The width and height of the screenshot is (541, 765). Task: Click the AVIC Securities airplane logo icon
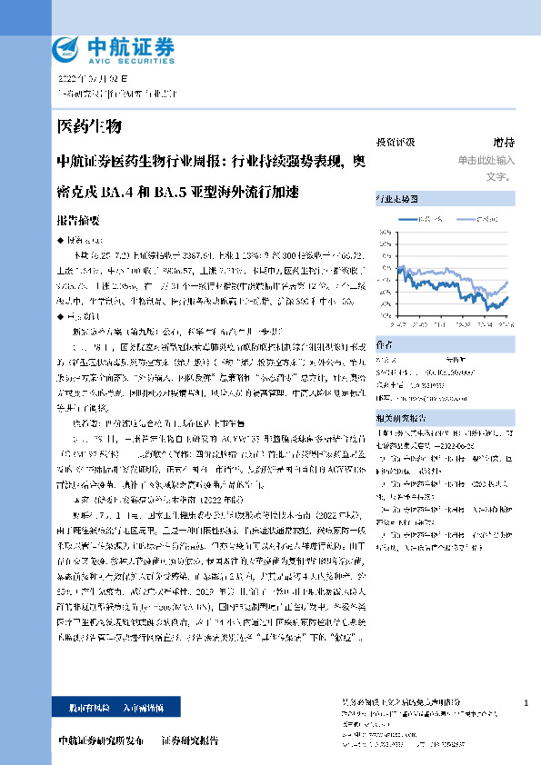(67, 48)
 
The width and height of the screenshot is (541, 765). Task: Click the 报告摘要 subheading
(77, 221)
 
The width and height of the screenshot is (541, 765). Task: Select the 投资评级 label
(396, 143)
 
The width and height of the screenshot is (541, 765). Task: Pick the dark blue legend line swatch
(409, 218)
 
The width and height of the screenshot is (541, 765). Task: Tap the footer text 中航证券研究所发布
(100, 740)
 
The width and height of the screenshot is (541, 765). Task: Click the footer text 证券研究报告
(190, 740)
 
